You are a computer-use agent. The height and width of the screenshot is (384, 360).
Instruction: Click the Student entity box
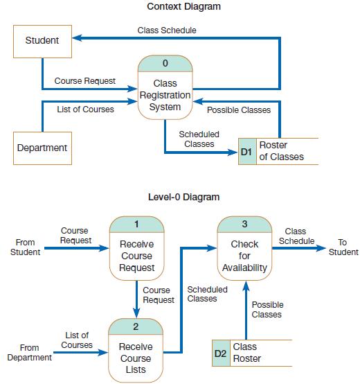pyautogui.click(x=42, y=40)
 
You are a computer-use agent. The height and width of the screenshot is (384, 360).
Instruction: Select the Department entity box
pyautogui.click(x=42, y=148)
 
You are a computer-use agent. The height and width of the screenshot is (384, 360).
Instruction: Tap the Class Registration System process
pyautogui.click(x=165, y=96)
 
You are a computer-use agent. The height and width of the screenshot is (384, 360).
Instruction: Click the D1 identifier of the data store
pyautogui.click(x=246, y=151)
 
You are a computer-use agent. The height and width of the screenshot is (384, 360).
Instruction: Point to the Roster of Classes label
pyautogui.click(x=280, y=151)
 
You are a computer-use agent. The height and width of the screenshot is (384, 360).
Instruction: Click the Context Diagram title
pyautogui.click(x=183, y=7)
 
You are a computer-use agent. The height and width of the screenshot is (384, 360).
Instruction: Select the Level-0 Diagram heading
pyautogui.click(x=183, y=197)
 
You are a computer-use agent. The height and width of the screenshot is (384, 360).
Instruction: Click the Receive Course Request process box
pyautogui.click(x=137, y=250)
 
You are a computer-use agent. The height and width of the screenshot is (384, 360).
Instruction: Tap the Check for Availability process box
pyautogui.click(x=244, y=250)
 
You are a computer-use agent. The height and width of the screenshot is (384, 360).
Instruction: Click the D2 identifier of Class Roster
pyautogui.click(x=220, y=353)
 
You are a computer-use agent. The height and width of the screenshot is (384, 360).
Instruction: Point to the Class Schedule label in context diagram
pyautogui.click(x=167, y=30)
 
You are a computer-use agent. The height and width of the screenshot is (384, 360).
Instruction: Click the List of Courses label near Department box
pyautogui.click(x=86, y=110)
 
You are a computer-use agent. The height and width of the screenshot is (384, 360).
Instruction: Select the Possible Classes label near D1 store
pyautogui.click(x=239, y=110)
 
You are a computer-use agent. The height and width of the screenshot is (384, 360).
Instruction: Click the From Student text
pyautogui.click(x=25, y=247)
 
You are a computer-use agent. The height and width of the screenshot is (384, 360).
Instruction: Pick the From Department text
pyautogui.click(x=29, y=353)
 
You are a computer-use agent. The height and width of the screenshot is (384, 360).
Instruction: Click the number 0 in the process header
pyautogui.click(x=165, y=64)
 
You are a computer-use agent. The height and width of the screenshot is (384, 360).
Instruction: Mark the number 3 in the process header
pyautogui.click(x=244, y=224)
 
